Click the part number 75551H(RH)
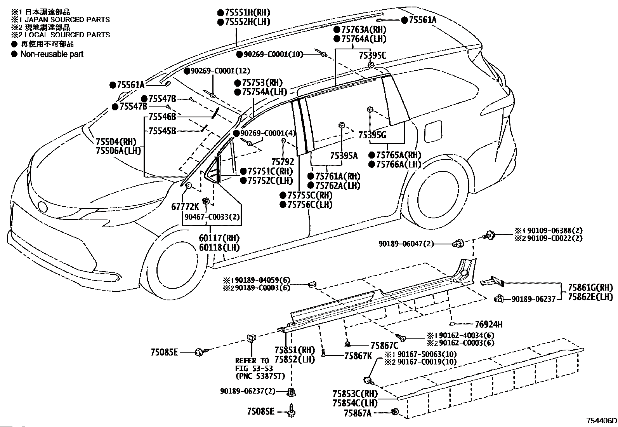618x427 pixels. click(x=248, y=12)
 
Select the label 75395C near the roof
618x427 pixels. click(x=372, y=56)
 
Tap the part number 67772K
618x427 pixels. click(x=185, y=206)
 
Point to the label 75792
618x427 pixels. click(x=283, y=162)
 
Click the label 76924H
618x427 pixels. click(x=489, y=324)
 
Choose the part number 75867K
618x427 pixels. click(x=358, y=356)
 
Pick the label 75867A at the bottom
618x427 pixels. click(x=358, y=413)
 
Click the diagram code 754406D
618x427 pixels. click(x=601, y=420)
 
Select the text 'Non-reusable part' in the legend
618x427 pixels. click(x=52, y=54)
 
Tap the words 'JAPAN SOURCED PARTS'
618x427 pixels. click(x=67, y=19)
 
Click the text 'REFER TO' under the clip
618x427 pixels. click(x=252, y=361)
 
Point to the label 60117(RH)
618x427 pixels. click(x=219, y=238)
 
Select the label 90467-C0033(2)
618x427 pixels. click(x=212, y=217)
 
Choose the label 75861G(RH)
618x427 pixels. click(x=590, y=288)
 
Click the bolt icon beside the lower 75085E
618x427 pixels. click(x=292, y=411)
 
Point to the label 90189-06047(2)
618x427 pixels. click(x=406, y=244)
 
